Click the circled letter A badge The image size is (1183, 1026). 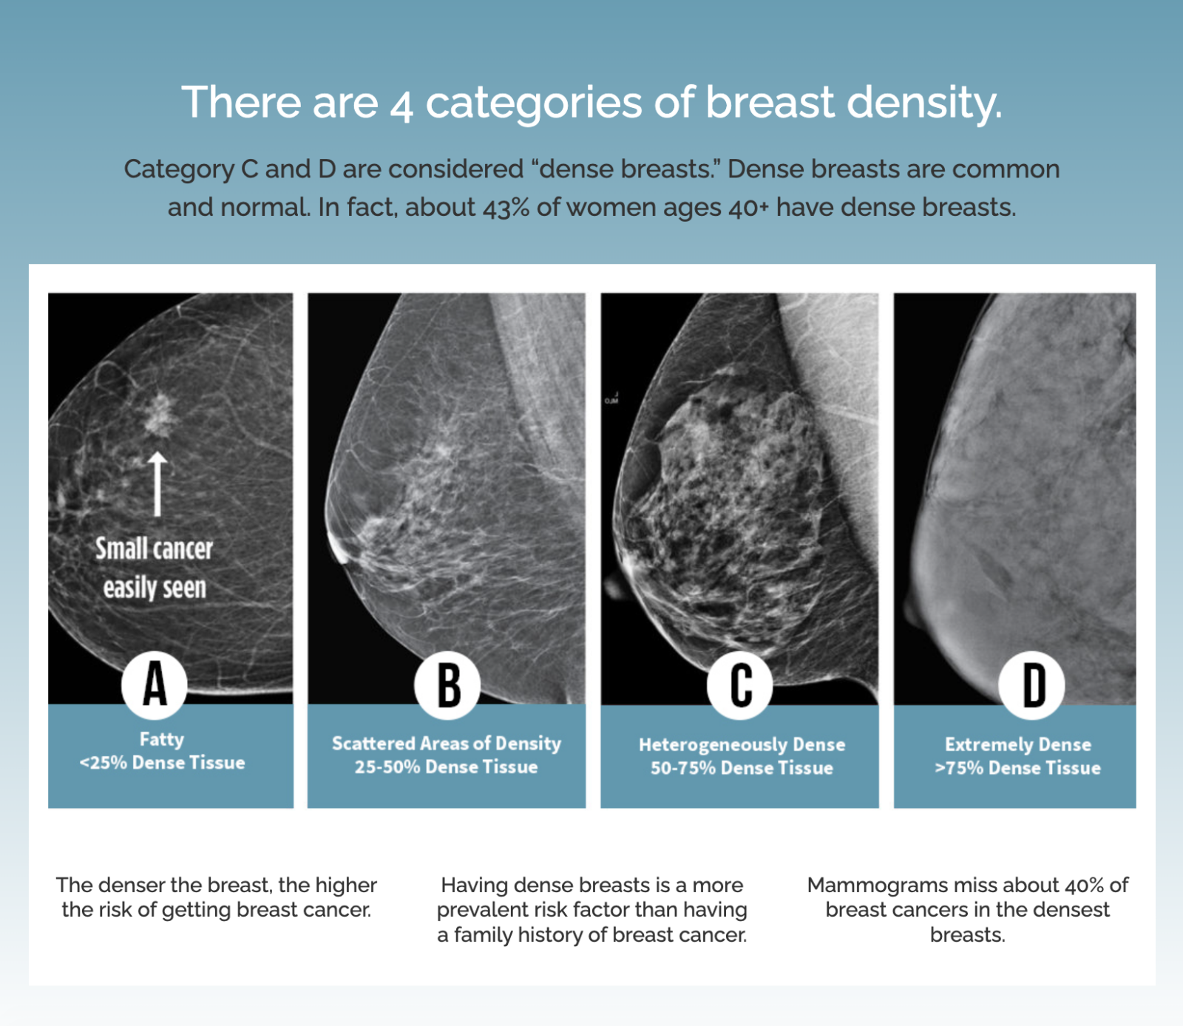(155, 684)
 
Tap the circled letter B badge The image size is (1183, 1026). (447, 684)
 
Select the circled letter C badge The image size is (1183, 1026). (740, 684)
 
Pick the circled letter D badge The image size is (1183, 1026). (1032, 684)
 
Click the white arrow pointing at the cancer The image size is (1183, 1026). (157, 484)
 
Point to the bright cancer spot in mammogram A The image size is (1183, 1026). (157, 414)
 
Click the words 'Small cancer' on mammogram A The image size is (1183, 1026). (154, 548)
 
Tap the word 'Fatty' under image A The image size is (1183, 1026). (162, 739)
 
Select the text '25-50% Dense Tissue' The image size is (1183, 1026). (446, 767)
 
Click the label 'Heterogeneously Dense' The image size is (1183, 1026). (742, 744)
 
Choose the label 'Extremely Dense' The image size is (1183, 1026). (1017, 744)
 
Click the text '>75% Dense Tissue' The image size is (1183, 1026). (1017, 768)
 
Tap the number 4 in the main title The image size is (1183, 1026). (401, 104)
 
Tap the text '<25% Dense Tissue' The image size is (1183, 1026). (162, 763)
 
